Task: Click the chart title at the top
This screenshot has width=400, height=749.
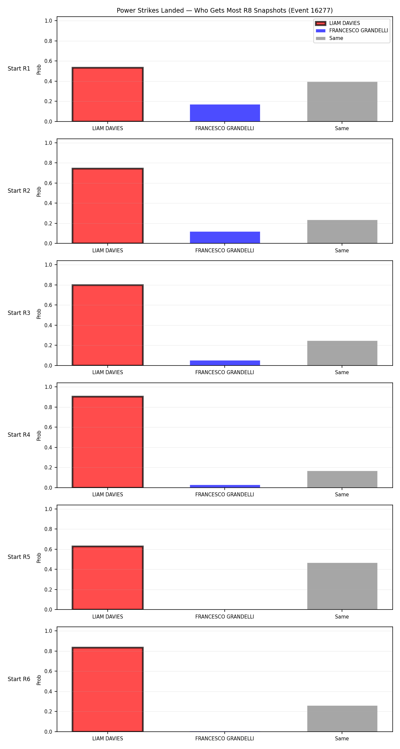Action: [225, 11]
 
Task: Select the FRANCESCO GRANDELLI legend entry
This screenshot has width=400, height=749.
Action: [352, 31]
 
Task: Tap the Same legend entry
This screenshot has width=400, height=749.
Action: [329, 38]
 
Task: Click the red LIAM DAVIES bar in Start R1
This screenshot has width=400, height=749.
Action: [108, 95]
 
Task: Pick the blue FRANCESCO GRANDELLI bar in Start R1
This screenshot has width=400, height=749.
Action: [225, 113]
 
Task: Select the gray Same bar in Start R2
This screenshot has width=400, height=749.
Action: [342, 232]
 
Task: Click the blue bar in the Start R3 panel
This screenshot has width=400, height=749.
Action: [225, 363]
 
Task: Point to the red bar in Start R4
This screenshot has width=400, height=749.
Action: [108, 442]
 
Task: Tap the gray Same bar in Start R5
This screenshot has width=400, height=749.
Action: [342, 586]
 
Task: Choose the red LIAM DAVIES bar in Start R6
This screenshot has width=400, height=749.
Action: [108, 689]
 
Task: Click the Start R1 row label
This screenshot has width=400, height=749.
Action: [19, 69]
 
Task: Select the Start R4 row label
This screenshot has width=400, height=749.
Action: [19, 435]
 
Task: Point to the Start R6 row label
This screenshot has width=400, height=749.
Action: [19, 679]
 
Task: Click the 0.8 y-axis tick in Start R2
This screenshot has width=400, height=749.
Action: [49, 163]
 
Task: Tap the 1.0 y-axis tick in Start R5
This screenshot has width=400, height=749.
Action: [49, 509]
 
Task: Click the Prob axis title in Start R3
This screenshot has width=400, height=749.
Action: [39, 314]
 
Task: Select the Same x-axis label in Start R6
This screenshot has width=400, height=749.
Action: [342, 739]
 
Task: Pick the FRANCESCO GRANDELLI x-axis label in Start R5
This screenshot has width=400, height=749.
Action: [225, 617]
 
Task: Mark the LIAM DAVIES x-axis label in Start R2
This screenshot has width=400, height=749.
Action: [108, 251]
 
